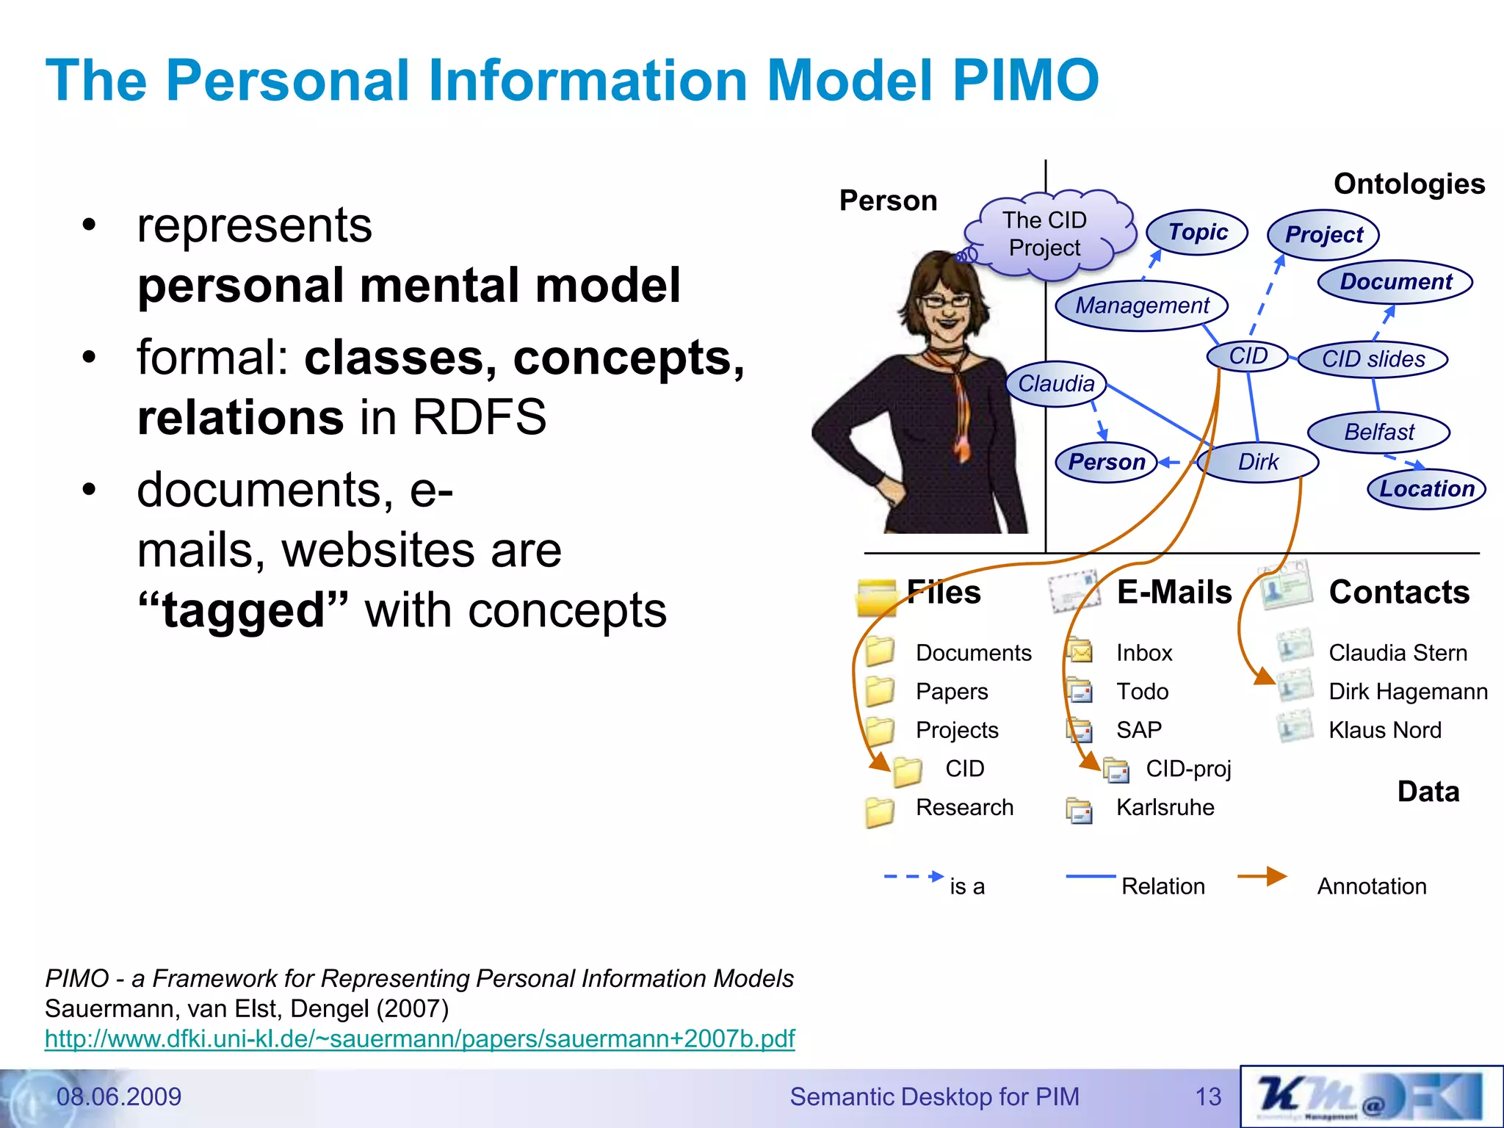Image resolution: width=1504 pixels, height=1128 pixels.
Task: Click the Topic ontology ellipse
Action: pyautogui.click(x=1197, y=232)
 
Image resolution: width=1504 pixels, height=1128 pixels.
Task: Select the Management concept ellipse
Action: pyautogui.click(x=1141, y=305)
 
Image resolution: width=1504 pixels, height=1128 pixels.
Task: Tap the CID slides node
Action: pyautogui.click(x=1373, y=359)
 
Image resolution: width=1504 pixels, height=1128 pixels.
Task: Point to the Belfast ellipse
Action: pyautogui.click(x=1378, y=432)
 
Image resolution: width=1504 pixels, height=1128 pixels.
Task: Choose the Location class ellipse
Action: pyautogui.click(x=1426, y=488)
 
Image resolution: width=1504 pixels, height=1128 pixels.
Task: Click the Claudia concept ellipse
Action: pyautogui.click(x=1056, y=383)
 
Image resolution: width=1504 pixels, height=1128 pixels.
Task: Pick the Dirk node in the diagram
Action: pyautogui.click(x=1257, y=462)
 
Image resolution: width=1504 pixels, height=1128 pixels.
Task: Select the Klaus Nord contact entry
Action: pyautogui.click(x=1384, y=730)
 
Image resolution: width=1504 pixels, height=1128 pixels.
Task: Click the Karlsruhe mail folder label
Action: pyautogui.click(x=1165, y=807)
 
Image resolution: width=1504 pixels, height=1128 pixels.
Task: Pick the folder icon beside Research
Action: pyautogui.click(x=879, y=811)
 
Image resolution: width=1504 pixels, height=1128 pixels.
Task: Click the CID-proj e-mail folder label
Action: pyautogui.click(x=1187, y=769)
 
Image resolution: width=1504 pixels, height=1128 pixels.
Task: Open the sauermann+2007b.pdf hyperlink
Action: pyautogui.click(x=419, y=1038)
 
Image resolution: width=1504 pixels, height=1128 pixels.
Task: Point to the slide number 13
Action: pyautogui.click(x=1207, y=1096)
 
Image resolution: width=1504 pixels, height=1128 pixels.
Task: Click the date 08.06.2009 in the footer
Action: pyautogui.click(x=118, y=1096)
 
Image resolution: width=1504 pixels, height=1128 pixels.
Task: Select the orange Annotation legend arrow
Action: pyautogui.click(x=1262, y=876)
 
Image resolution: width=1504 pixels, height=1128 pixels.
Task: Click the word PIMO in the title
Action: pyautogui.click(x=1025, y=79)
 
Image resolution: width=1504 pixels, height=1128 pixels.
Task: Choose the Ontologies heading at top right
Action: pyautogui.click(x=1409, y=184)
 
